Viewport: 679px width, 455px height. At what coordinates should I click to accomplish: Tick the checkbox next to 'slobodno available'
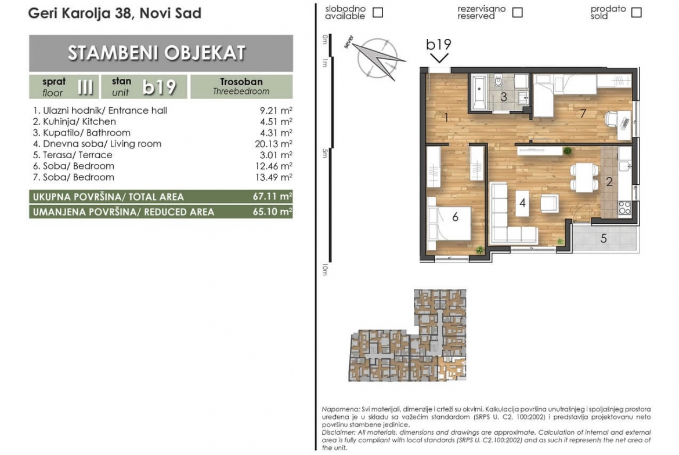(x=378, y=13)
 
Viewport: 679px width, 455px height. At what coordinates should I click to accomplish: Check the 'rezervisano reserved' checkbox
(x=517, y=13)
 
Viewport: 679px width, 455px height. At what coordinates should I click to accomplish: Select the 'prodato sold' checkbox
(x=636, y=13)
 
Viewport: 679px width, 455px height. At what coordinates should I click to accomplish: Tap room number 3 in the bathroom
(x=504, y=97)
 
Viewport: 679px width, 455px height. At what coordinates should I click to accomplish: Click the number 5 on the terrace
(x=603, y=238)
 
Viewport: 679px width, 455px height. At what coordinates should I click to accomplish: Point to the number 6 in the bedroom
(x=455, y=217)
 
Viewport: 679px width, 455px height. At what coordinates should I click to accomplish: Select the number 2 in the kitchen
(x=609, y=182)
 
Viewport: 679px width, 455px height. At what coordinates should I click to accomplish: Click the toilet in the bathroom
(x=498, y=81)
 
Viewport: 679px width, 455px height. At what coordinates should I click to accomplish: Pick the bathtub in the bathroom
(x=479, y=93)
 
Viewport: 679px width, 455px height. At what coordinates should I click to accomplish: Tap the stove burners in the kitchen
(x=624, y=208)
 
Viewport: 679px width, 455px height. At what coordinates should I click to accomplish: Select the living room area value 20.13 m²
(x=274, y=144)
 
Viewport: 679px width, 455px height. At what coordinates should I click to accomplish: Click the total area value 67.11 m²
(x=272, y=196)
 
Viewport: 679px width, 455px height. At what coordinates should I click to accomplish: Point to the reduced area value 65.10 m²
(x=272, y=212)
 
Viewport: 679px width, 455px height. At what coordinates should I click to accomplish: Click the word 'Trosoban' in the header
(x=241, y=82)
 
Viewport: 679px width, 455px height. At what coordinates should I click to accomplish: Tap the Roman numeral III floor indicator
(x=85, y=87)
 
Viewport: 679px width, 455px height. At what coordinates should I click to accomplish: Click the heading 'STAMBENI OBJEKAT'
(x=156, y=53)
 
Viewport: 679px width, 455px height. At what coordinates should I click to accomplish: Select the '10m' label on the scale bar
(x=325, y=270)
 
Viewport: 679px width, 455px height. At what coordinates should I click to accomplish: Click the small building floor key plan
(x=407, y=336)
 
